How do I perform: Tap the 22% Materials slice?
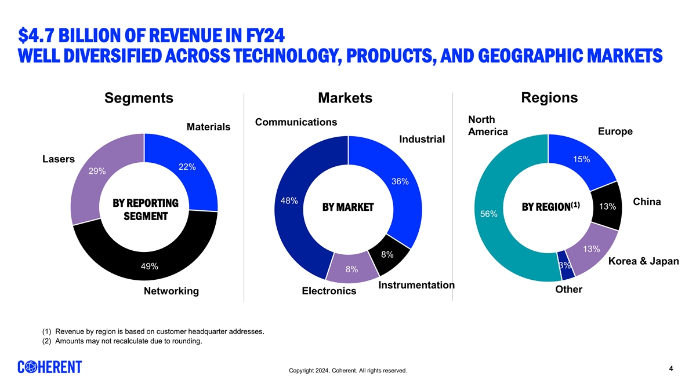tap(187, 167)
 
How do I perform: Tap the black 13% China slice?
tap(607, 207)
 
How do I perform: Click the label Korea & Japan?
tap(643, 261)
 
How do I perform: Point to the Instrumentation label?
tap(416, 285)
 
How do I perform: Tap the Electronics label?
tap(329, 291)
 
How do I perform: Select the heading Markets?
tap(345, 98)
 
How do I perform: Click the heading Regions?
tap(549, 97)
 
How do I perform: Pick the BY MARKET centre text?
tap(348, 207)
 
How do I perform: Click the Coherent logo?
tap(50, 367)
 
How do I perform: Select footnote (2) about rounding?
tap(122, 341)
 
